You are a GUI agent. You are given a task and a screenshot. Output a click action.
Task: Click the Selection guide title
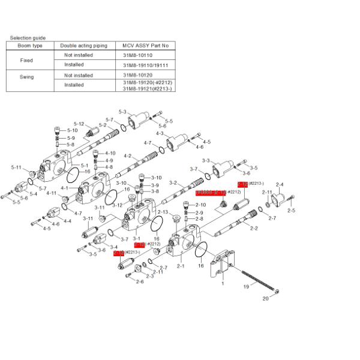28,38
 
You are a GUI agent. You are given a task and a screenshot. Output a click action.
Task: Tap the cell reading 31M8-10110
138,55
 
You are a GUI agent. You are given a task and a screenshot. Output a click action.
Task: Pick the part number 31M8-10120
138,76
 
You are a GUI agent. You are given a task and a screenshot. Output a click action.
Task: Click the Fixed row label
26,61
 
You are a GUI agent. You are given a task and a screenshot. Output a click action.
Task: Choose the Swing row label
26,77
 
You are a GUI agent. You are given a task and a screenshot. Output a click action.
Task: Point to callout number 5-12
79,124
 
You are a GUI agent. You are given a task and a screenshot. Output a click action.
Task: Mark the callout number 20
266,298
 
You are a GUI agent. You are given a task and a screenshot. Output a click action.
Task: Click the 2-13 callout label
162,212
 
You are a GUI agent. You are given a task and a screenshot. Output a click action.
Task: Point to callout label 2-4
280,184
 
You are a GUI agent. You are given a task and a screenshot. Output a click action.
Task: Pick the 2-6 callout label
139,281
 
